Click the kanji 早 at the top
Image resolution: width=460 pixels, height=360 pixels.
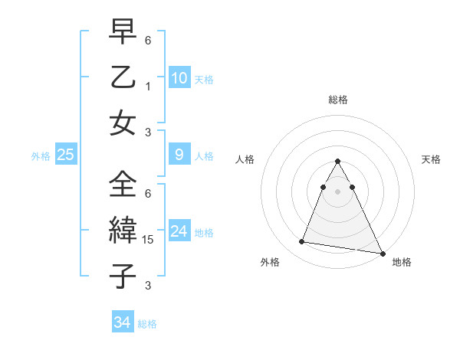[x=122, y=33]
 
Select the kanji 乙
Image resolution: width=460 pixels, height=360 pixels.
[x=122, y=77]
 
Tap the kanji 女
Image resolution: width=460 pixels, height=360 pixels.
[x=122, y=123]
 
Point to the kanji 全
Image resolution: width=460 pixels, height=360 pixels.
[x=122, y=184]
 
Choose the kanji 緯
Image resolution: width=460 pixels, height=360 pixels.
[x=122, y=229]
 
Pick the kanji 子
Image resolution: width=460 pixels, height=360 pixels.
[x=122, y=274]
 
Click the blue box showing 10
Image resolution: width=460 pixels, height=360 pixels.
[x=179, y=78]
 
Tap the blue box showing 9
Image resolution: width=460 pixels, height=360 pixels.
[x=179, y=155]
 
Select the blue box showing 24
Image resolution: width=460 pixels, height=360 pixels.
[x=179, y=232]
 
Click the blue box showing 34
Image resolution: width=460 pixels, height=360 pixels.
[x=122, y=322]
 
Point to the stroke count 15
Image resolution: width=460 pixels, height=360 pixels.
[x=148, y=241]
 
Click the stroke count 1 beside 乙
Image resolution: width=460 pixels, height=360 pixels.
[x=148, y=86]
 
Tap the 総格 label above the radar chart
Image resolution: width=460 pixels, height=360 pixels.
[x=337, y=100]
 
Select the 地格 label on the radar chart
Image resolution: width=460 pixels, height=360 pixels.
[x=402, y=262]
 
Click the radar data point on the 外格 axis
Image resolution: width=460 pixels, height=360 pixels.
[x=301, y=242]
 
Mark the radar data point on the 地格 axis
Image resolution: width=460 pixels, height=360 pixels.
[x=381, y=253]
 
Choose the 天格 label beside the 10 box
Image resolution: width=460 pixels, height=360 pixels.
[x=204, y=80]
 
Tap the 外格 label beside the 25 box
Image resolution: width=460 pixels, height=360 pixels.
[x=41, y=156]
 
